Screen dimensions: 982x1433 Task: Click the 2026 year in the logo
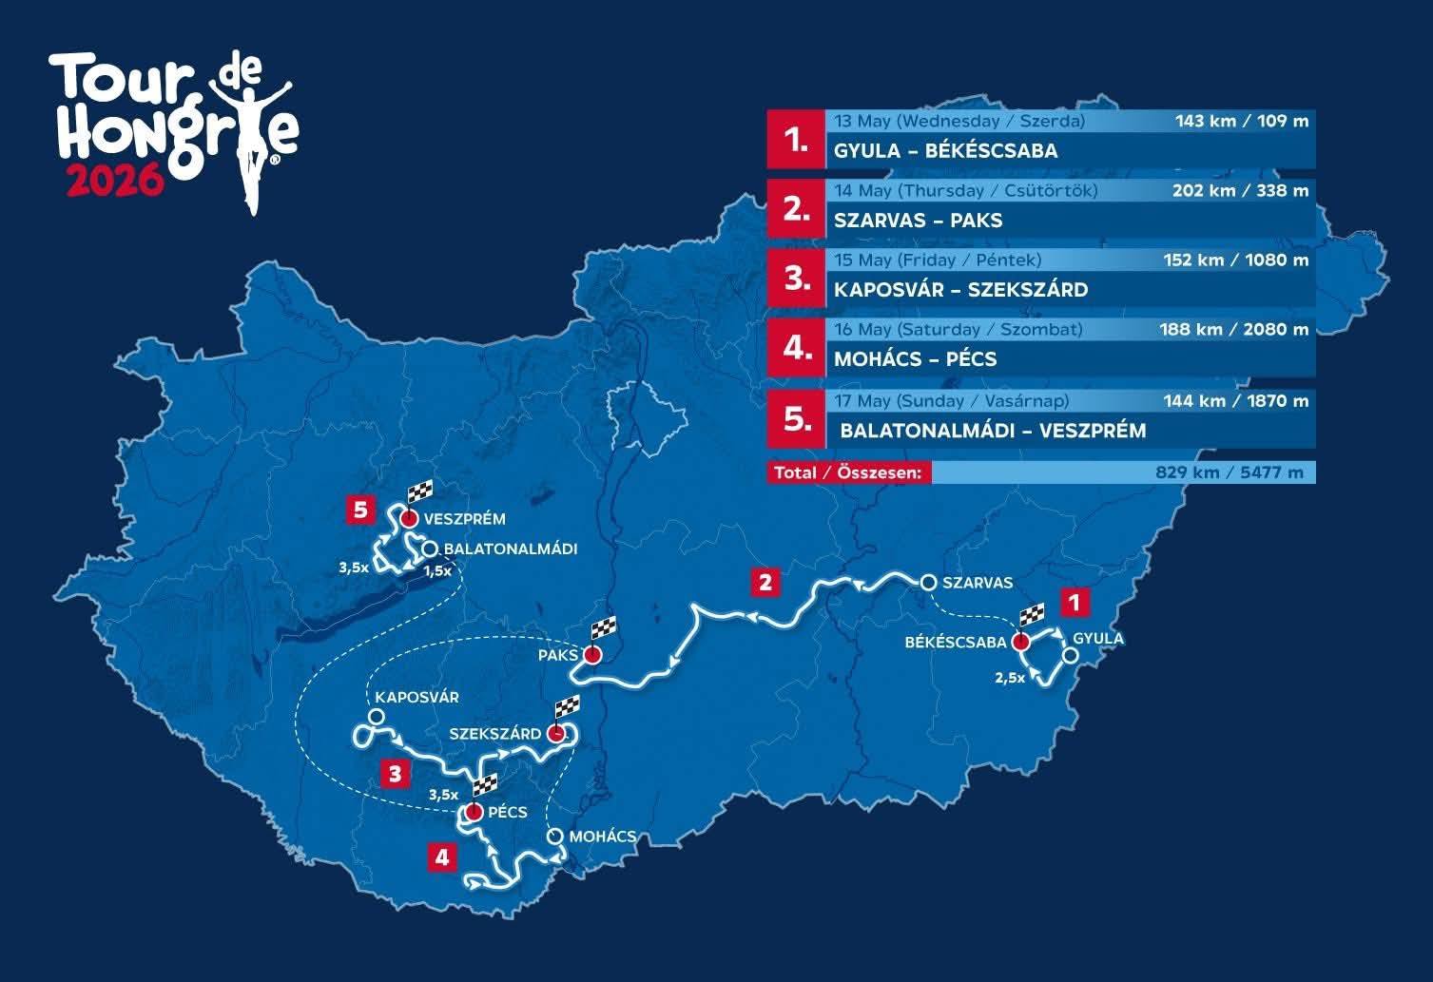114,181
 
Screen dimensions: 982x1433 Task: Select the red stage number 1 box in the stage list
796,139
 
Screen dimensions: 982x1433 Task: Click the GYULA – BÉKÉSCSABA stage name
945,151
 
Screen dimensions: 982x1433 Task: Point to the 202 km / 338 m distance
1240,191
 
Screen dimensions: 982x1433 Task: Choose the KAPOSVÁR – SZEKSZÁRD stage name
960,290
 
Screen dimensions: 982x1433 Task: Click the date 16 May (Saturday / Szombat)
958,330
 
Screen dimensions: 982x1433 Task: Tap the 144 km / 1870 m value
1235,401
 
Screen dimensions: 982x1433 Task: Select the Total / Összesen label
848,472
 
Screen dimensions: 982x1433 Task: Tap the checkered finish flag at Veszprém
419,493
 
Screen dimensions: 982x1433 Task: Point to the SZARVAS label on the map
978,583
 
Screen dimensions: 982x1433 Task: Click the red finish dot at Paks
592,655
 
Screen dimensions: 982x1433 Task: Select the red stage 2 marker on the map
765,581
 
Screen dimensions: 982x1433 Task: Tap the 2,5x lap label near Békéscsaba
1009,678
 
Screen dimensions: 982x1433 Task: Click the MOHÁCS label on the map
603,837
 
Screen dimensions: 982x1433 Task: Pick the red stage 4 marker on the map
441,857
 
